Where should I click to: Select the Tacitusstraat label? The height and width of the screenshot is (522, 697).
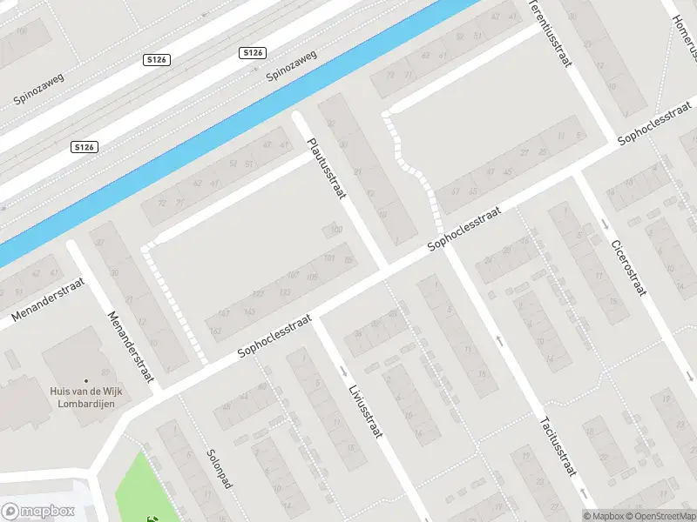click(558, 443)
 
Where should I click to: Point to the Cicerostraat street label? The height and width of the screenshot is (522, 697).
click(627, 267)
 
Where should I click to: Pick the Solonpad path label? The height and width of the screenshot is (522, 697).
click(219, 468)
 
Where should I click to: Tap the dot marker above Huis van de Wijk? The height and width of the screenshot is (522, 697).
click(86, 381)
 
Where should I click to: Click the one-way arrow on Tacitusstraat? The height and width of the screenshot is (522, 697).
click(500, 339)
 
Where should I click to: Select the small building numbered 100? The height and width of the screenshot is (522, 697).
click(333, 231)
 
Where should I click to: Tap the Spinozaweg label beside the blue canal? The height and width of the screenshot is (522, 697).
click(291, 64)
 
